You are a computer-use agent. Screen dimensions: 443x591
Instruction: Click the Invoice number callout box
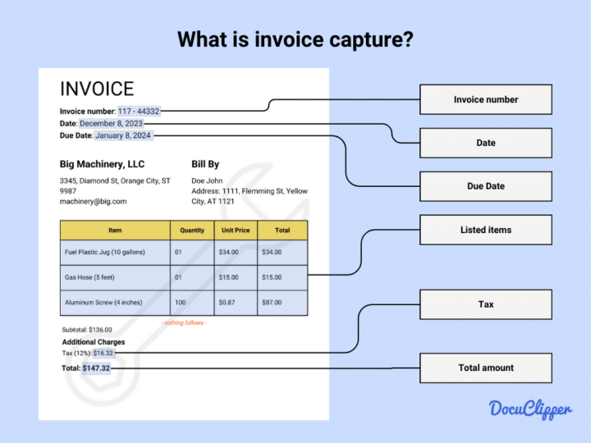tap(485, 99)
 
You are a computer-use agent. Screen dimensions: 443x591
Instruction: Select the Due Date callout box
tap(485, 186)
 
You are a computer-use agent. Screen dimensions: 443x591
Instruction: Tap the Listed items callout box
tap(485, 230)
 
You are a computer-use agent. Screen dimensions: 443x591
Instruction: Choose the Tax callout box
tap(485, 304)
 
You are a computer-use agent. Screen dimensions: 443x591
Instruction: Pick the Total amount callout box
tap(485, 368)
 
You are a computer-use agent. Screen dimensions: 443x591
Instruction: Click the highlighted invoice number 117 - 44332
tap(139, 111)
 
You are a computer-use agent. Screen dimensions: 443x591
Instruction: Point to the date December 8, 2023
tap(111, 123)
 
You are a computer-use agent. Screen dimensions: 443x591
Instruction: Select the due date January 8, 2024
tap(123, 135)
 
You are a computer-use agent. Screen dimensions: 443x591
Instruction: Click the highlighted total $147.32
tap(96, 368)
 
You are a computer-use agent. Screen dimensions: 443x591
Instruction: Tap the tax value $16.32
tap(103, 353)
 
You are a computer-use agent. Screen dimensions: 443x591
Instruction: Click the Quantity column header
tap(191, 231)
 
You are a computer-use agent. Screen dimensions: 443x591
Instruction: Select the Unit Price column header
tap(236, 231)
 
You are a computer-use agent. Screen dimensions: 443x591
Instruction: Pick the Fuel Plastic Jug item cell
tap(115, 252)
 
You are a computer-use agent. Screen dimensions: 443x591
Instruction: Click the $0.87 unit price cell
tap(229, 303)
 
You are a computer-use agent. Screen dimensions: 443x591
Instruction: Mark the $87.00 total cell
tap(272, 303)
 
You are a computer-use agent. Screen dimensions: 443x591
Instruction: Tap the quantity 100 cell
tap(180, 303)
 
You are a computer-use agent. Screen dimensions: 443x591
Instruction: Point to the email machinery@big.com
tap(93, 201)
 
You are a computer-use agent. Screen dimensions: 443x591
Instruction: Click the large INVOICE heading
tap(97, 89)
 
